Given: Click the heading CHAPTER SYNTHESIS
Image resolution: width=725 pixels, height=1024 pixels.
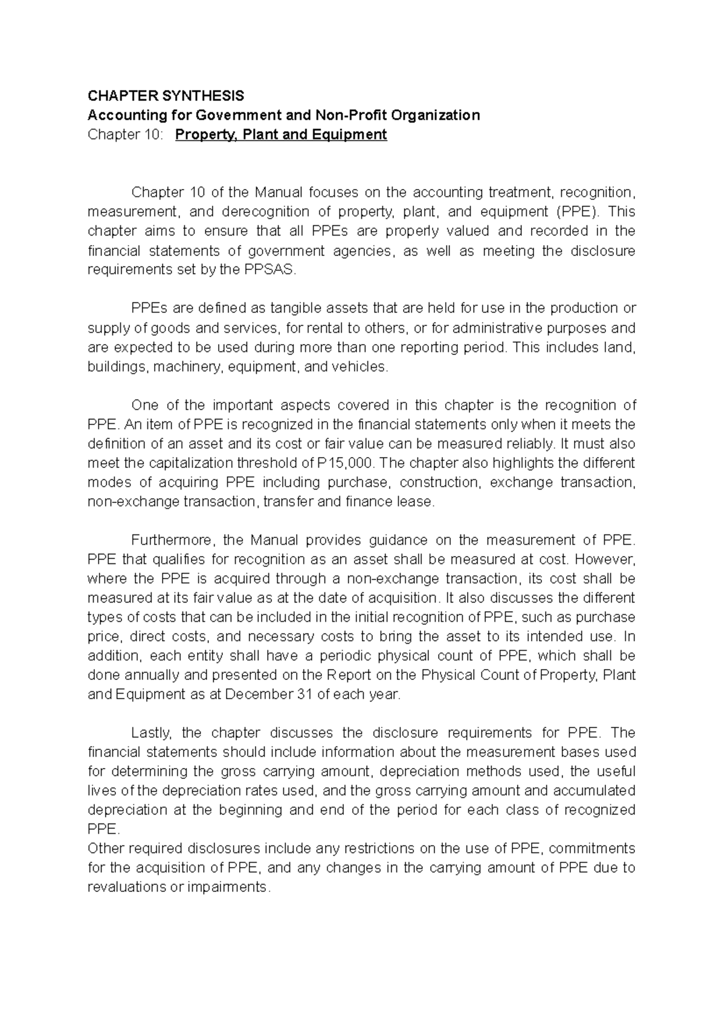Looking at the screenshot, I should [166, 95].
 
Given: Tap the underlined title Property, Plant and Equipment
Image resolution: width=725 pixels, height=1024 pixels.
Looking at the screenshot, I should [281, 134].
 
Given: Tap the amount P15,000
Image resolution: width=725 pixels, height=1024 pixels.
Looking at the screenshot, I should [349, 463].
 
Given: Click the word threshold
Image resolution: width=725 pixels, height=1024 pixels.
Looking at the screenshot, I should [267, 463].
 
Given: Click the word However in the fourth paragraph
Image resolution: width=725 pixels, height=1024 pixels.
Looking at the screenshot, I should [610, 559].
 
